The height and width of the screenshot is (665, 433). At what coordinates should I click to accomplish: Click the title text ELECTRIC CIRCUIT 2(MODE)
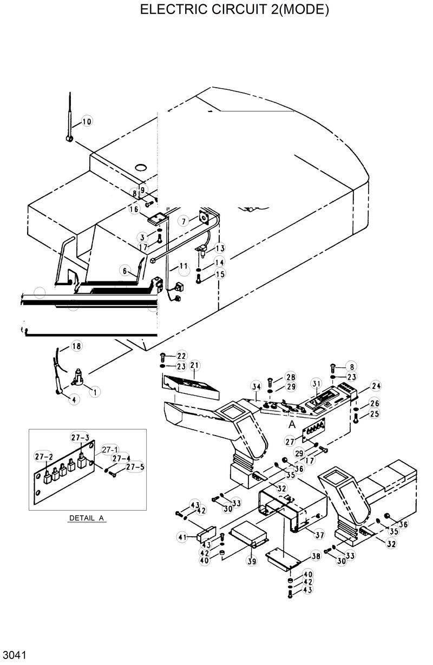tap(234, 10)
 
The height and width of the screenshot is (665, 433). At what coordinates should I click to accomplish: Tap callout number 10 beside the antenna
tap(87, 121)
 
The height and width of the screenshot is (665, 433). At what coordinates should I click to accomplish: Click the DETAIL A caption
tap(87, 518)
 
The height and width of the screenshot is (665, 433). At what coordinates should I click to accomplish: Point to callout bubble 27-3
tap(80, 437)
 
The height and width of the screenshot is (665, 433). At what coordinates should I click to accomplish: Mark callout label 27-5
tap(135, 467)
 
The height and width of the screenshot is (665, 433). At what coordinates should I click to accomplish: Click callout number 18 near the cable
tap(76, 346)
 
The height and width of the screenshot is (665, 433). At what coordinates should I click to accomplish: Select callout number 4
tap(73, 399)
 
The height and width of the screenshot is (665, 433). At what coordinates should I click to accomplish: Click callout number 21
tap(194, 366)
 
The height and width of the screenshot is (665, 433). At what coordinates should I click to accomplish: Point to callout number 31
tap(316, 384)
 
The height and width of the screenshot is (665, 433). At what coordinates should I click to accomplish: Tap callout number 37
tap(319, 535)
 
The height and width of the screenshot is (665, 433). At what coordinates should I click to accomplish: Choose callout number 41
tap(182, 536)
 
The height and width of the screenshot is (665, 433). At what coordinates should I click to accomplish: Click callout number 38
tap(316, 556)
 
